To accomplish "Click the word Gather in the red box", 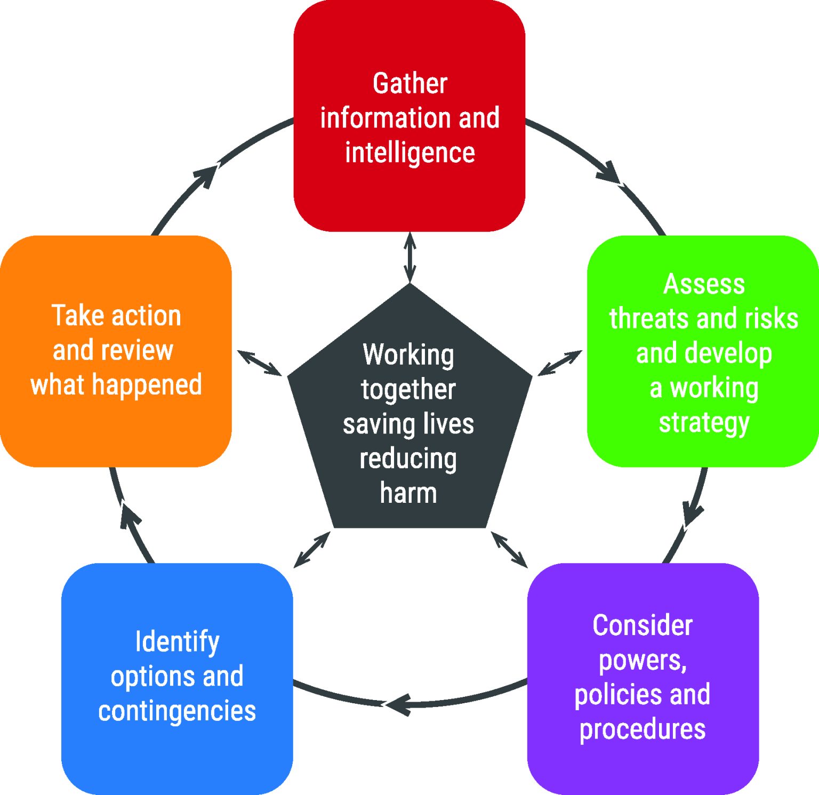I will [x=409, y=84].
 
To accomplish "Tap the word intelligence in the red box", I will [x=409, y=153].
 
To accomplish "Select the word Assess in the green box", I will [x=704, y=284].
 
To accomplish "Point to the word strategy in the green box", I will [x=704, y=423].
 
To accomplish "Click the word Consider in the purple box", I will [x=643, y=625].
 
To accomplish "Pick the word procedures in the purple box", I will [x=643, y=729].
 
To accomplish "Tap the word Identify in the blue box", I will [x=177, y=641].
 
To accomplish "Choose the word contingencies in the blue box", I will [x=177, y=711].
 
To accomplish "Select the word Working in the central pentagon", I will [x=408, y=355].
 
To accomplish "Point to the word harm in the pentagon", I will [x=408, y=493].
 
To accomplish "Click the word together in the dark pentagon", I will [x=408, y=390].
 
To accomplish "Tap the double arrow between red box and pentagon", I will [x=409, y=257].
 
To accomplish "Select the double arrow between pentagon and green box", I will [x=559, y=363].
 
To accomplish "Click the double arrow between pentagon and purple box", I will [x=509, y=549].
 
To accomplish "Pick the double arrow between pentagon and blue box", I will [x=312, y=549].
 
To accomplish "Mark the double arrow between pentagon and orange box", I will [x=259, y=363].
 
